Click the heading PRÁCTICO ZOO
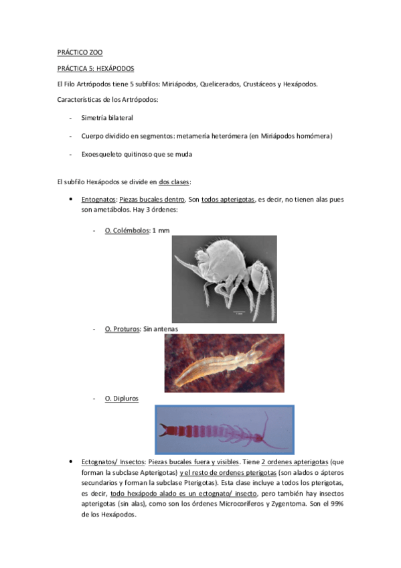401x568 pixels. (x=80, y=52)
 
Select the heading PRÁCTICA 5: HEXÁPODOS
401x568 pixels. (x=96, y=68)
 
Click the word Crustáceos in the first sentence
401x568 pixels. (x=260, y=84)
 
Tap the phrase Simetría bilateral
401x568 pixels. (x=107, y=118)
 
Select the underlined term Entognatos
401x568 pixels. (x=98, y=200)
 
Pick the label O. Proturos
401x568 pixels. (x=123, y=330)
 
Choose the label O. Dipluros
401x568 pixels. (x=122, y=399)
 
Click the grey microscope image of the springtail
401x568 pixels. (x=224, y=279)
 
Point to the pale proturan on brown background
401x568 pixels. (x=224, y=363)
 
